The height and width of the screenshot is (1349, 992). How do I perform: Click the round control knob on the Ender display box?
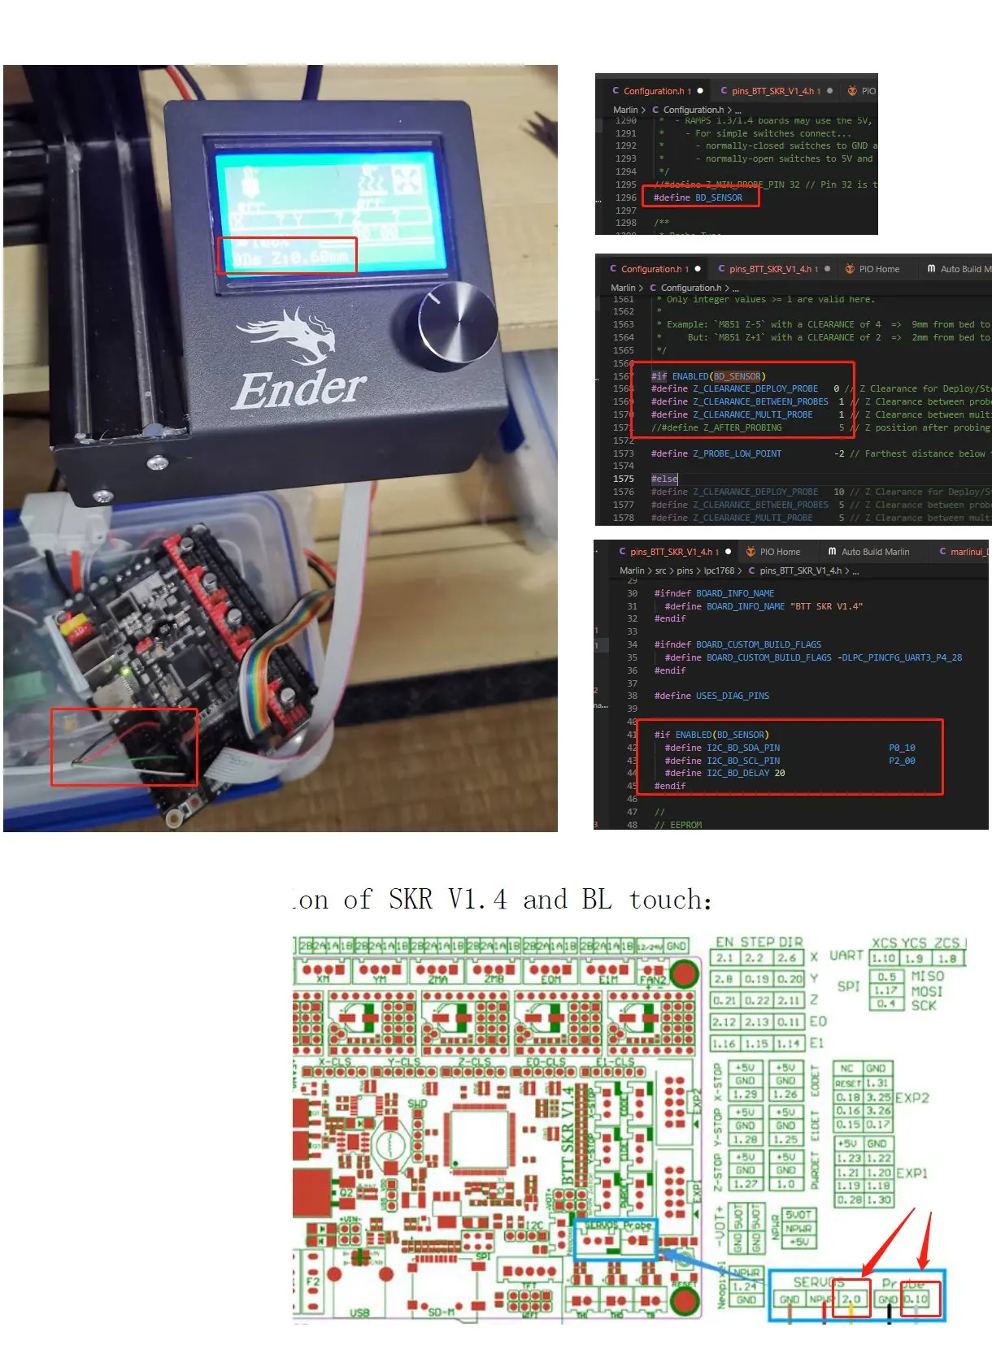coord(458,322)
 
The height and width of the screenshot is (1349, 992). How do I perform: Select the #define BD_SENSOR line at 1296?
coord(698,197)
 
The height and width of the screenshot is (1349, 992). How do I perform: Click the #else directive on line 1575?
coord(664,479)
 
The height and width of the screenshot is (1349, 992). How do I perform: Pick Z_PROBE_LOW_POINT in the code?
coord(737,453)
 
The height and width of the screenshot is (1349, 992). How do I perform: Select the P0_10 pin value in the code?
coord(902,748)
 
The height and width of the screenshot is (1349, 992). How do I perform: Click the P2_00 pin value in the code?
coord(902,761)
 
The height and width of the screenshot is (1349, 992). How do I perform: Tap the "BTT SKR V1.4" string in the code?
coord(826,606)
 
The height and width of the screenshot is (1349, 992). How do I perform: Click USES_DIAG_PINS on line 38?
coord(732,696)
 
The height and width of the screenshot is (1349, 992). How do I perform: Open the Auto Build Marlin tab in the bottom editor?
coord(875,552)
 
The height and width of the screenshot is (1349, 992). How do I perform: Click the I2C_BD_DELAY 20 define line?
coord(724,773)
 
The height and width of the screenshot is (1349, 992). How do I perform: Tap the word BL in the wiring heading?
coord(596,900)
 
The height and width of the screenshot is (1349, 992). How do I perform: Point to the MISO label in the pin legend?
coord(927,976)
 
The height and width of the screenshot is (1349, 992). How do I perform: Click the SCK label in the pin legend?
coord(924,1005)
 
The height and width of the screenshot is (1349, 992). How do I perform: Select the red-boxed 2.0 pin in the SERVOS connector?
coord(851,1299)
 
